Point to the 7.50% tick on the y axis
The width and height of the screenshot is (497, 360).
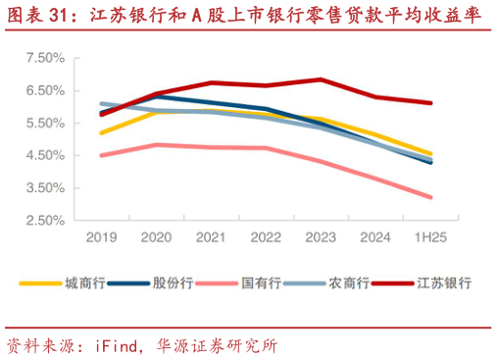[43, 58]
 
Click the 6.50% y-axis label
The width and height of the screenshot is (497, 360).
[43, 90]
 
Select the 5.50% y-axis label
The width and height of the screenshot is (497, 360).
[43, 123]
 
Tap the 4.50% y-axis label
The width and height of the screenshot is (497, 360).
[43, 155]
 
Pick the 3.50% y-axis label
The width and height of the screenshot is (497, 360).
[43, 187]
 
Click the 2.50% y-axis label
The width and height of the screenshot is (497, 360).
[43, 220]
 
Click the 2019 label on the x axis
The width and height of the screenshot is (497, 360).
[101, 237]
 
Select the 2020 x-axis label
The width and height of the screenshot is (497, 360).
[156, 237]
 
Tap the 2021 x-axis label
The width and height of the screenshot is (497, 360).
[211, 237]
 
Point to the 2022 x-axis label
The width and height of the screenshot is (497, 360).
[266, 237]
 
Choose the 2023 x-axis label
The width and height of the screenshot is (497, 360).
[321, 237]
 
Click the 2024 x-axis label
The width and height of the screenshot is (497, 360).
[375, 237]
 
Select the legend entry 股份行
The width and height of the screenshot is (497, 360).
[172, 283]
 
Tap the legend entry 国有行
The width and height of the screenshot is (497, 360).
[261, 283]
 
